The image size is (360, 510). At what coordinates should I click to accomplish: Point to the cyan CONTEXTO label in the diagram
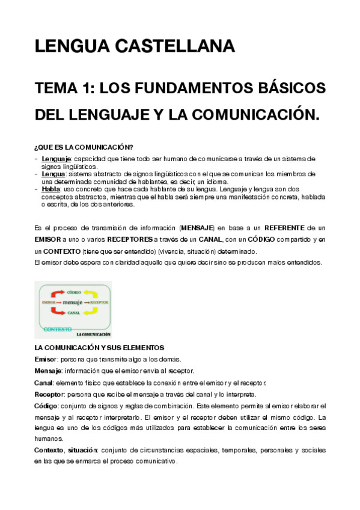click(58, 330)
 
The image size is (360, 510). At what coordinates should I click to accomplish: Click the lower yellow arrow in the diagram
click(89, 311)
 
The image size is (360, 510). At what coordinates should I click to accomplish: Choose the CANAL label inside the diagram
click(73, 313)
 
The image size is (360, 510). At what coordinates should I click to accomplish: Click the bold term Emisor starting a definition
click(46, 359)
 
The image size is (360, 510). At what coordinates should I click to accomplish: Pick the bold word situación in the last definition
click(82, 450)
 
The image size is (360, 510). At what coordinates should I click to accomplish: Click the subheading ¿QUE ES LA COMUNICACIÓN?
click(84, 147)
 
